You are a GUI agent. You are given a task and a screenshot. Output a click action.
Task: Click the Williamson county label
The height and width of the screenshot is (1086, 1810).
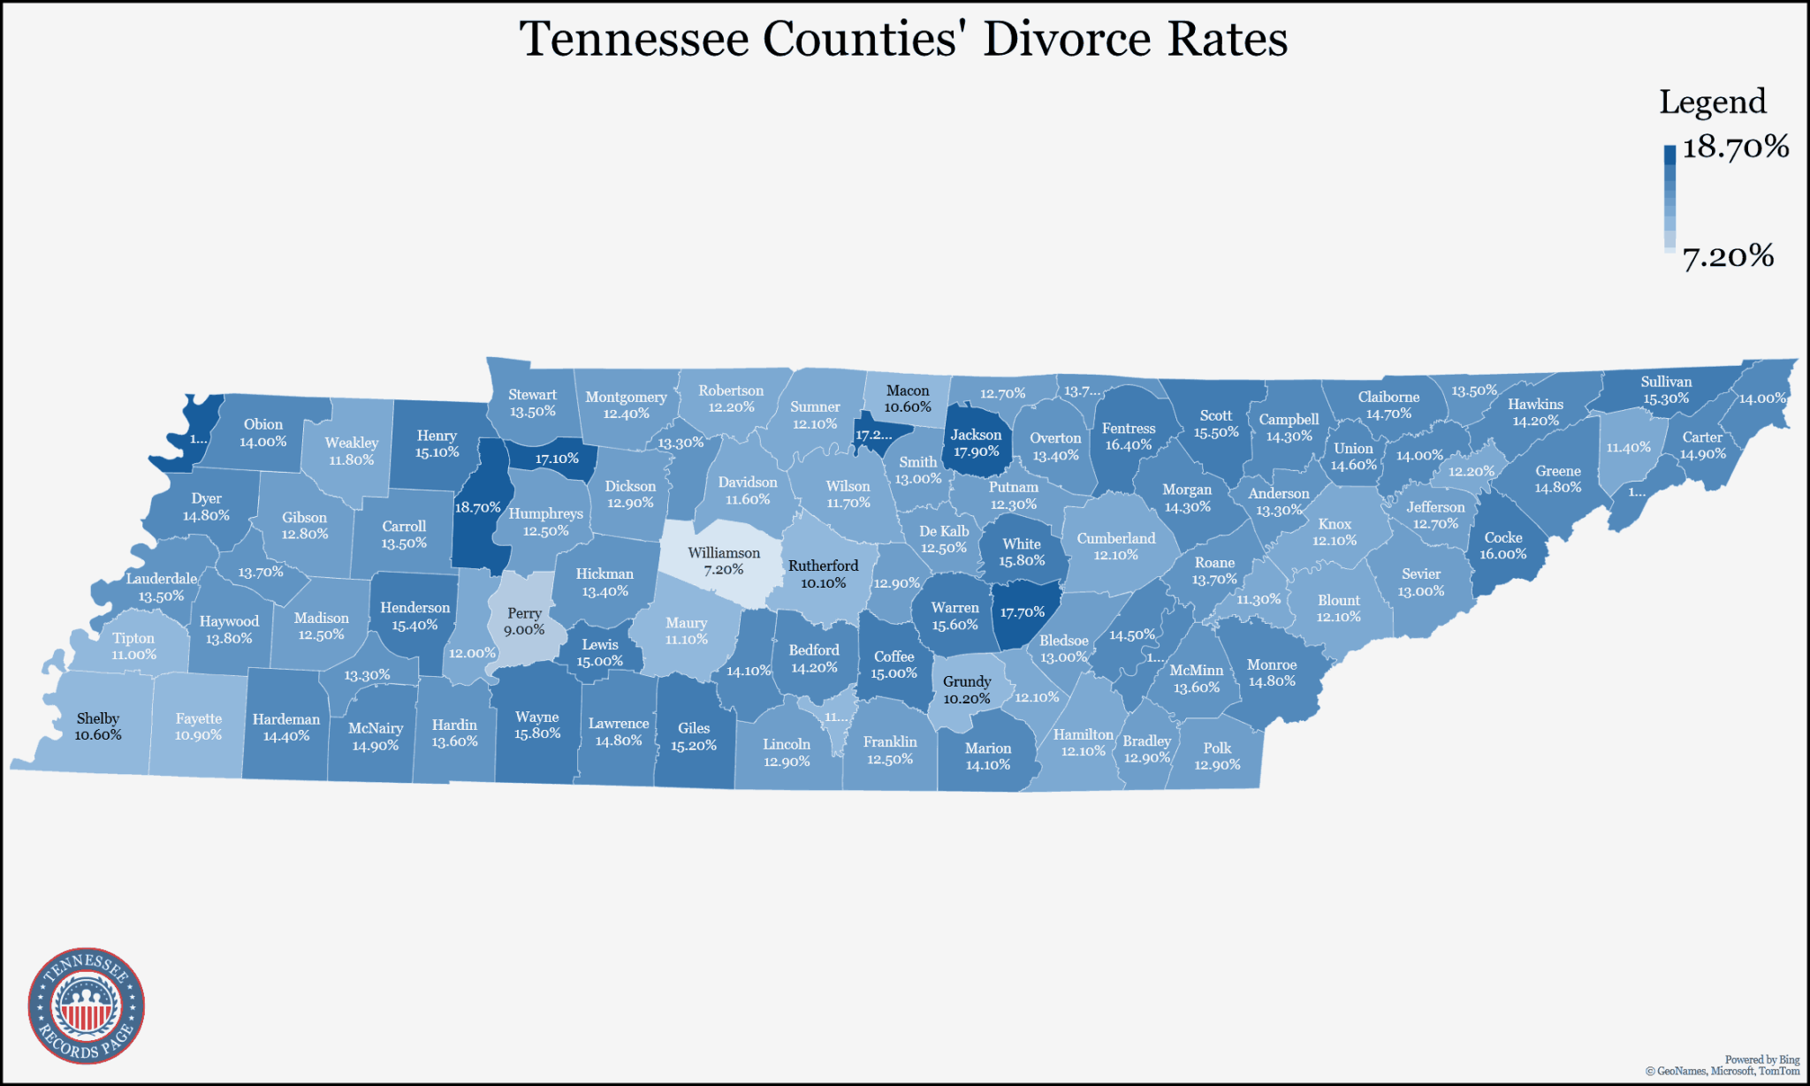point(724,553)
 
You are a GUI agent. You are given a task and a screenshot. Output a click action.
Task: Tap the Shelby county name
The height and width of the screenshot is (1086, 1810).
point(97,718)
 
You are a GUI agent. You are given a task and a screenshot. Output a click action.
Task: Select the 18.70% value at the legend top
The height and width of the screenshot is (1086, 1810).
point(1735,147)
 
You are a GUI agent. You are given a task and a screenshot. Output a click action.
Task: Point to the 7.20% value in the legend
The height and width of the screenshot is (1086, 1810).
point(1727,256)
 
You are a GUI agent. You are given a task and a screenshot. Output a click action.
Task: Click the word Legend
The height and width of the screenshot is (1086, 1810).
point(1712,103)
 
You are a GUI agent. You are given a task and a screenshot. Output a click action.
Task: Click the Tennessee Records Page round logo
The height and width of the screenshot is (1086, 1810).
point(87,1006)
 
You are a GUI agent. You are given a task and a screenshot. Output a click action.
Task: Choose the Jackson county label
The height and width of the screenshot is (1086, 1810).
point(976,435)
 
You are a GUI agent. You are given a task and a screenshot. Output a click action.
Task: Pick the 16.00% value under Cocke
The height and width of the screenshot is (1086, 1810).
point(1502,554)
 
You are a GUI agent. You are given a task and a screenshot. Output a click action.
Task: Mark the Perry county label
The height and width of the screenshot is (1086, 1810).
point(524,613)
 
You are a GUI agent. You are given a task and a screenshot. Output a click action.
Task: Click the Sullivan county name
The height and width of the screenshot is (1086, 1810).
point(1666,382)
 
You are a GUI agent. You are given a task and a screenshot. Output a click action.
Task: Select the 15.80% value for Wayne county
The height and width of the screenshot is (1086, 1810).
point(537,733)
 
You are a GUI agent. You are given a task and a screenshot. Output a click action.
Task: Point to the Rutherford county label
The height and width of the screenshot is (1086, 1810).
point(823,566)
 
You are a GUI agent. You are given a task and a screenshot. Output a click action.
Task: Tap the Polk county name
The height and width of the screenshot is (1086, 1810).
point(1217,748)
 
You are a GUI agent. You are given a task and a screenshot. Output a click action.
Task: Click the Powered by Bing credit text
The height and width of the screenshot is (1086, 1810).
point(1761,1059)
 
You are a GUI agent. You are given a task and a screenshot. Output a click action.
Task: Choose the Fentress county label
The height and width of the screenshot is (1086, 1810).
point(1129,429)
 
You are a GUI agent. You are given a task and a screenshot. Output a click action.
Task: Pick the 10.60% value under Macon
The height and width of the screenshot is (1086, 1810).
point(908,407)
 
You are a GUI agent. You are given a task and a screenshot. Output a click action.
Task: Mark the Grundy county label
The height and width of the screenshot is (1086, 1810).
point(967,681)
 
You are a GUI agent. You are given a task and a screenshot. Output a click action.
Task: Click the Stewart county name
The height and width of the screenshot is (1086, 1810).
point(532,395)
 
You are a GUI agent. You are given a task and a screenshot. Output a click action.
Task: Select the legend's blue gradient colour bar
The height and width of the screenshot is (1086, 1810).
point(1669,200)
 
